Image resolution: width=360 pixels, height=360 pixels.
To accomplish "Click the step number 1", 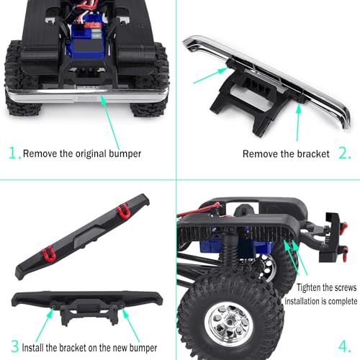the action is coord(13,153).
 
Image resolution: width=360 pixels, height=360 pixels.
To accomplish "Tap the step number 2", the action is coord(344,153).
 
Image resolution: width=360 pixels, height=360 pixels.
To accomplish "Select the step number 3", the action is coord(15,346).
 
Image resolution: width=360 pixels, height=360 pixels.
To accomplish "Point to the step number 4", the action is coord(344,346).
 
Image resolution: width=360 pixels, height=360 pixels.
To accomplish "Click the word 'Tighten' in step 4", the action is coord(308,287).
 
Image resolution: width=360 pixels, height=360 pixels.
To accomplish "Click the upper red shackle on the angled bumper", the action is coord(124,211).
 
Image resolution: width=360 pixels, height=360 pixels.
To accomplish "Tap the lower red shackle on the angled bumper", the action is coord(49,253).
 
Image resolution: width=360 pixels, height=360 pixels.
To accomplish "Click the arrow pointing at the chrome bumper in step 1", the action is coord(109,122).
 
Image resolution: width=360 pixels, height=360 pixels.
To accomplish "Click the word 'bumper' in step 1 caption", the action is coord(125,154).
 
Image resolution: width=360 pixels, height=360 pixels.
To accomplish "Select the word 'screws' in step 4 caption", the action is coord(344,287).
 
